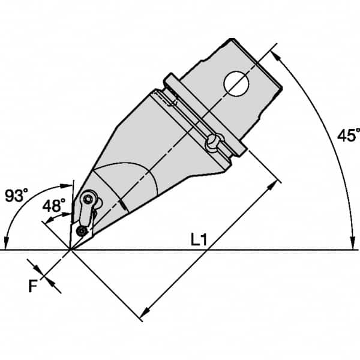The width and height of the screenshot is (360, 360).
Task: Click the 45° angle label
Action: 347,136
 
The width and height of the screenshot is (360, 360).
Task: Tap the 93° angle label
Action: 16,196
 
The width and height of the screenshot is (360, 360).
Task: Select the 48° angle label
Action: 54,206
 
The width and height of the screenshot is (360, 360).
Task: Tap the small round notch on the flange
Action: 213,143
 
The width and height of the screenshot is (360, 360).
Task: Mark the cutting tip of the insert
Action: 70,249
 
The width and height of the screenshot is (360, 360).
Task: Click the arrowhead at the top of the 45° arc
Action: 277,54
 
